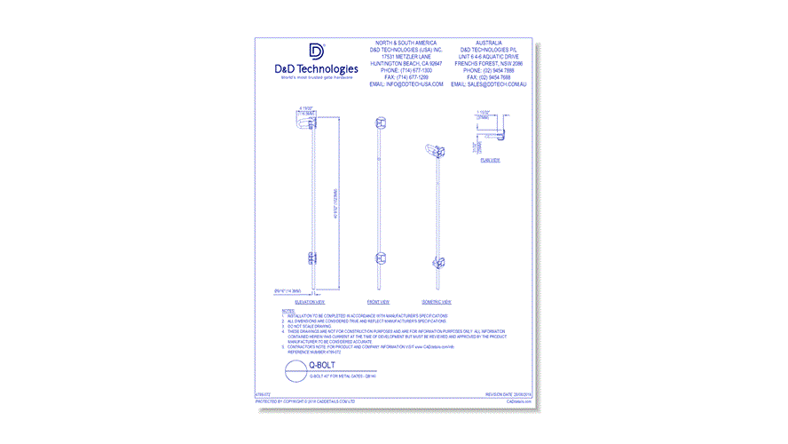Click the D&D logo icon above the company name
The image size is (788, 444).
[317, 52]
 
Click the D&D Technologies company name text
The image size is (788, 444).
[317, 68]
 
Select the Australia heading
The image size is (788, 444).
[488, 43]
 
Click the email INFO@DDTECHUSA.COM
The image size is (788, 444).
[406, 83]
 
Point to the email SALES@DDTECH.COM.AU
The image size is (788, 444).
[488, 83]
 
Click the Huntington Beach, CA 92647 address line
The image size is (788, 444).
[406, 63]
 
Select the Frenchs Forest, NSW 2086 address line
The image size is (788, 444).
[488, 63]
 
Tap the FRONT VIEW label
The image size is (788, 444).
[379, 302]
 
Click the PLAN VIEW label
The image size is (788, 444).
[490, 160]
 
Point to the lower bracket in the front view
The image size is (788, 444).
[380, 260]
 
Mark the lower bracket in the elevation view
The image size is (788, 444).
[311, 258]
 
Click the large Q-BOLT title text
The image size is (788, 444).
[320, 365]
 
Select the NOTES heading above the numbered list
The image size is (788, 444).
[288, 311]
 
